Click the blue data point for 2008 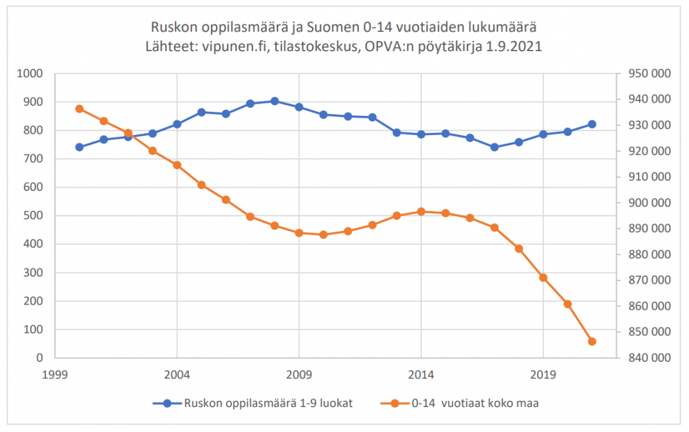pyautogui.click(x=274, y=101)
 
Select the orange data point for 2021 pyautogui.click(x=592, y=341)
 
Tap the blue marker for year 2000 pyautogui.click(x=79, y=147)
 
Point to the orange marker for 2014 pyautogui.click(x=421, y=211)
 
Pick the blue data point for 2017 pyautogui.click(x=494, y=147)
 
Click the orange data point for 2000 pyautogui.click(x=79, y=109)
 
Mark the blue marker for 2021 pyautogui.click(x=592, y=124)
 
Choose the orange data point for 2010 pyautogui.click(x=323, y=235)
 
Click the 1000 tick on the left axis pyautogui.click(x=31, y=74)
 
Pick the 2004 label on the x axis pyautogui.click(x=177, y=374)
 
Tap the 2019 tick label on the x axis pyautogui.click(x=543, y=374)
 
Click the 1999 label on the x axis pyautogui.click(x=55, y=374)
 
